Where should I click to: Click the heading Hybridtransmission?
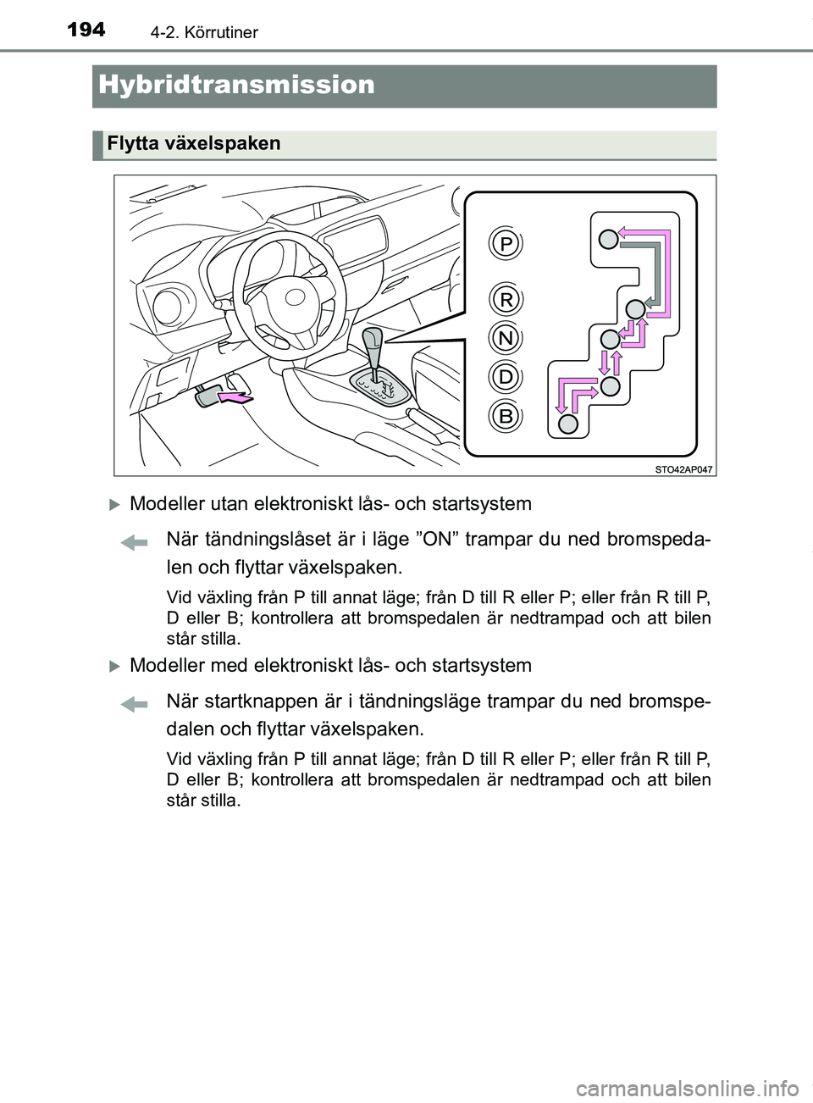(236, 85)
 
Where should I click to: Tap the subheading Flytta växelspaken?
(193, 144)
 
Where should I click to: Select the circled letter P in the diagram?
(506, 245)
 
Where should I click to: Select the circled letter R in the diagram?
(506, 299)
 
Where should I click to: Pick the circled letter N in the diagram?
(506, 338)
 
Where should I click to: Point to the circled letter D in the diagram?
(506, 376)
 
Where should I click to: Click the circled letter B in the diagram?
(506, 416)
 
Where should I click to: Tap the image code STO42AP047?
(683, 468)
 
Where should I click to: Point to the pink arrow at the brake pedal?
(235, 394)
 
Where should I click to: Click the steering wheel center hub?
(292, 297)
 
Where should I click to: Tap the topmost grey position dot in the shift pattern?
(608, 240)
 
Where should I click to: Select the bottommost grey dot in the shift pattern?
(570, 423)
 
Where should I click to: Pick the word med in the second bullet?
(224, 666)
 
